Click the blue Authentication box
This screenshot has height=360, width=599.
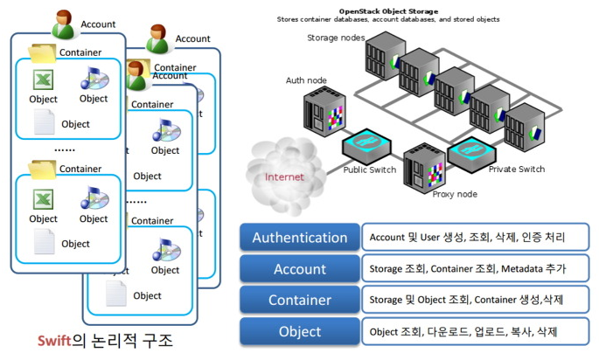point(300,237)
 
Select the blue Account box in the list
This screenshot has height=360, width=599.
point(300,269)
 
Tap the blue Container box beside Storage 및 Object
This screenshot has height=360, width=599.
point(300,301)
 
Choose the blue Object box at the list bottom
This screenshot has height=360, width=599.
point(300,332)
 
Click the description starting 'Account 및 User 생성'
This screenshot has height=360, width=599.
point(468,237)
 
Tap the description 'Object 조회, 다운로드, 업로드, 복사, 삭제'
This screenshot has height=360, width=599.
point(463,332)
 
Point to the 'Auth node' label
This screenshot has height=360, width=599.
point(306,80)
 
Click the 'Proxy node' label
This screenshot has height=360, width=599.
point(455,193)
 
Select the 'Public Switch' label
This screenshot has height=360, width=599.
point(369,170)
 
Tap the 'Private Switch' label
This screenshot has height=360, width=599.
point(516,170)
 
